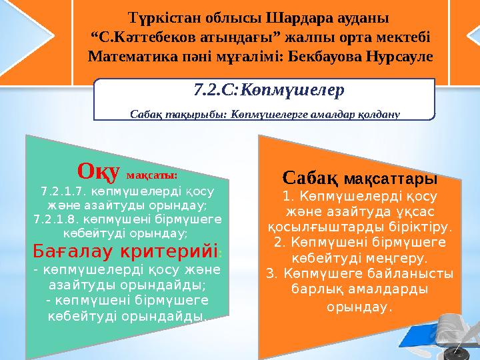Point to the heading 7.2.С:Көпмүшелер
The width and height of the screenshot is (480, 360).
click(265, 89)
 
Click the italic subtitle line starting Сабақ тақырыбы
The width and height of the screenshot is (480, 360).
click(265, 113)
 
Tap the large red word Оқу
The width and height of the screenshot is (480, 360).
click(98, 171)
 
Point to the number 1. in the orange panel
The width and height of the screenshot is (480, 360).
click(289, 197)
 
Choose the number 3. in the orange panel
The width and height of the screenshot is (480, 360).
click(271, 273)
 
